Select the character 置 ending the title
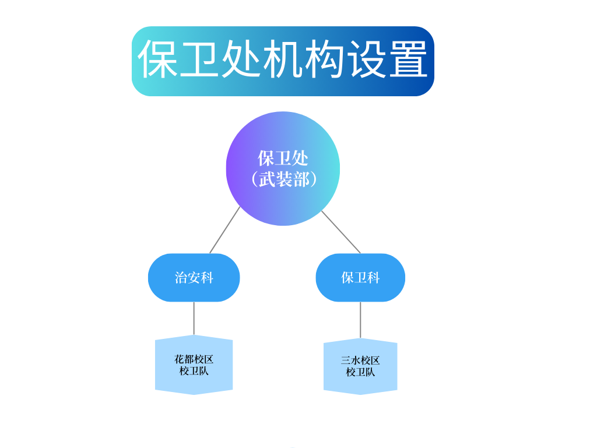click(408, 60)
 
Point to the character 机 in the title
click(283, 60)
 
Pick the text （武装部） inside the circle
click(283, 179)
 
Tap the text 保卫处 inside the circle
click(283, 158)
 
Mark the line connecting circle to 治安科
click(224, 230)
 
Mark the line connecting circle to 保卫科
click(341, 232)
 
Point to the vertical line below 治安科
click(194, 318)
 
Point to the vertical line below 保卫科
click(360, 320)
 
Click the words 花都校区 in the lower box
click(194, 359)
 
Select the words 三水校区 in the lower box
click(360, 360)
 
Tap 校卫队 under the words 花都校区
click(194, 371)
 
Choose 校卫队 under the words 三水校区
click(360, 372)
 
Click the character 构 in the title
click(325, 60)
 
